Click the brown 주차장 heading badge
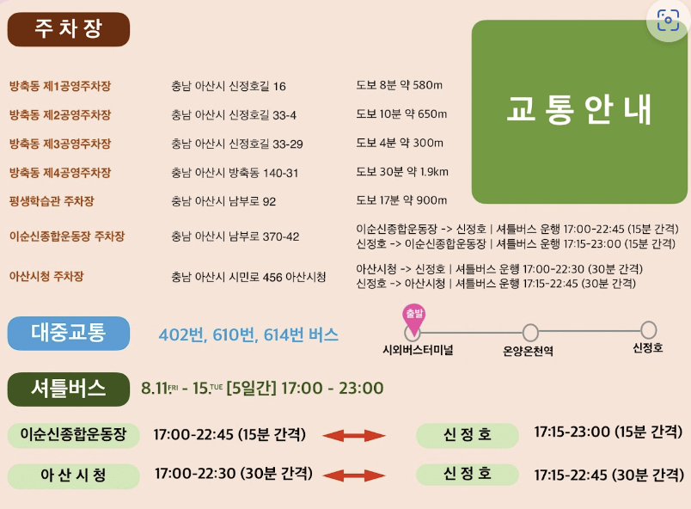(68, 29)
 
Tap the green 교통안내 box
(579, 112)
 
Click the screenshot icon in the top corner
(668, 21)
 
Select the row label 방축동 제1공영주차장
(60, 86)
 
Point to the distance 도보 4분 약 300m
(400, 143)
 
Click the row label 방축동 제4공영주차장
(60, 173)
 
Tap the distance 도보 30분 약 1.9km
(402, 172)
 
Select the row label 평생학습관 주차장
(52, 201)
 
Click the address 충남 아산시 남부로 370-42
(235, 236)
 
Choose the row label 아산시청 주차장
(48, 277)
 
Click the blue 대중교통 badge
(69, 333)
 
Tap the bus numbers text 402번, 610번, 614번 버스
(248, 335)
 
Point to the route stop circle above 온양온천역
(530, 332)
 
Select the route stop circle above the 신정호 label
(648, 330)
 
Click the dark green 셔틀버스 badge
(69, 389)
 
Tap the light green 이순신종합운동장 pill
(73, 435)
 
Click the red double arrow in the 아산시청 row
(354, 475)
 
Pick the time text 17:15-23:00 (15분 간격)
(608, 432)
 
